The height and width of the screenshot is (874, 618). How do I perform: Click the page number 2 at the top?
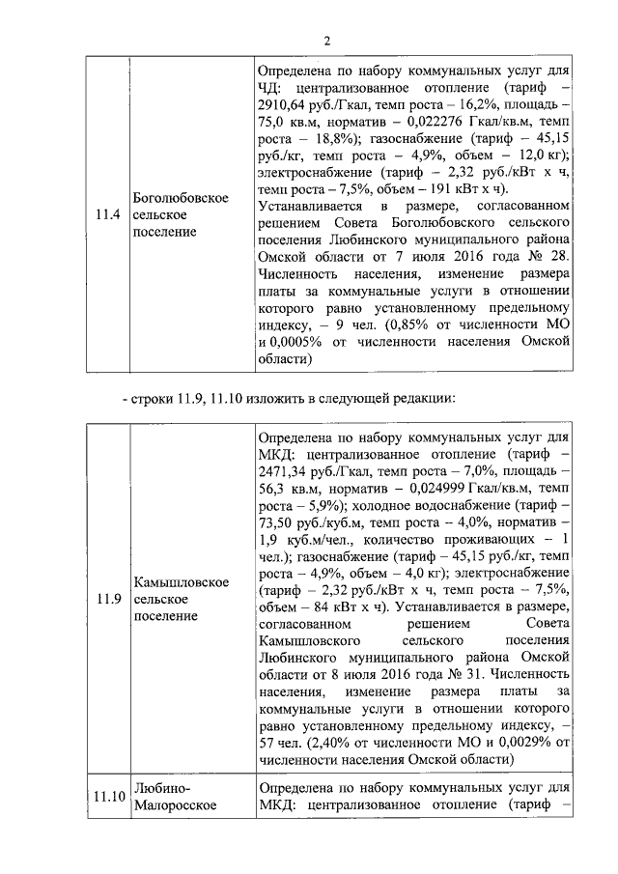(x=326, y=41)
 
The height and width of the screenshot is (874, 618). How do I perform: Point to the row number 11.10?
(x=109, y=797)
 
